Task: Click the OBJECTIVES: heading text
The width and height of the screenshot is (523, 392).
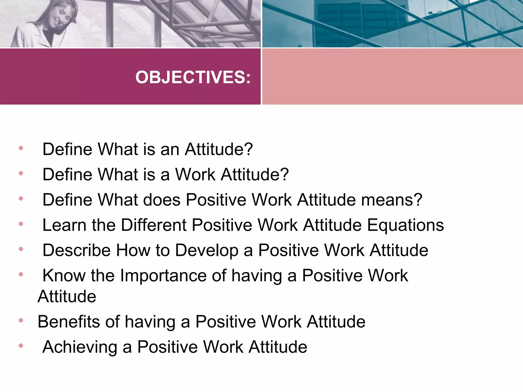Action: click(x=193, y=77)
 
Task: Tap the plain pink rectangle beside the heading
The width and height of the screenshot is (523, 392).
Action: click(x=392, y=76)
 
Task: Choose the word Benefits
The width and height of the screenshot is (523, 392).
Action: click(x=69, y=322)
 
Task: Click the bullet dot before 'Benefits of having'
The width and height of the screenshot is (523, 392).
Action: click(x=21, y=320)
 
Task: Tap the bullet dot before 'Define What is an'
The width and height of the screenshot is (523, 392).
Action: click(x=21, y=148)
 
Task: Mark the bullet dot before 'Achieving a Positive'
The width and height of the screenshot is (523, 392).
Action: click(x=21, y=346)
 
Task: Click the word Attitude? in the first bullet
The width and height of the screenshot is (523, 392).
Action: click(x=219, y=149)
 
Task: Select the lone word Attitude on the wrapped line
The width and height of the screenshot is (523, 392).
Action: click(x=67, y=297)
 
